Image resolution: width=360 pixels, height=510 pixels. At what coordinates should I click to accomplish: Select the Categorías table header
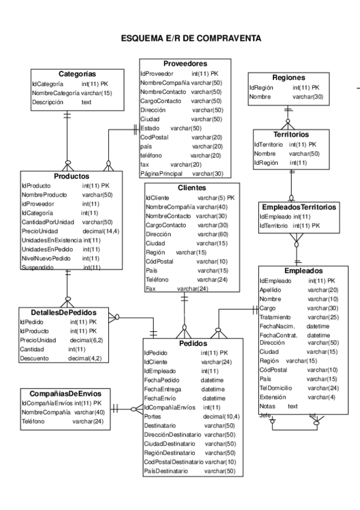click(x=77, y=73)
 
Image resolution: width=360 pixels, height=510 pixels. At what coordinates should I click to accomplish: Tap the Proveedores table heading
click(x=185, y=63)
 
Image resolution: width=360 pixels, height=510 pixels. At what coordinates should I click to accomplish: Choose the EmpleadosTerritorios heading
click(x=297, y=206)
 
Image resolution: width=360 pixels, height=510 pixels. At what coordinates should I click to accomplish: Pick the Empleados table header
click(x=304, y=270)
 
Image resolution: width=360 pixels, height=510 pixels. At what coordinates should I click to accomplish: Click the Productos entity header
click(x=72, y=176)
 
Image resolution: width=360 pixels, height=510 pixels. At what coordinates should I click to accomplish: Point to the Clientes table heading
click(x=185, y=187)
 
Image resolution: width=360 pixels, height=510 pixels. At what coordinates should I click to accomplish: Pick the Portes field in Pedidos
click(x=153, y=416)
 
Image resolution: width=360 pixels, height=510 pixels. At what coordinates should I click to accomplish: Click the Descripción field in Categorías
click(x=49, y=103)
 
